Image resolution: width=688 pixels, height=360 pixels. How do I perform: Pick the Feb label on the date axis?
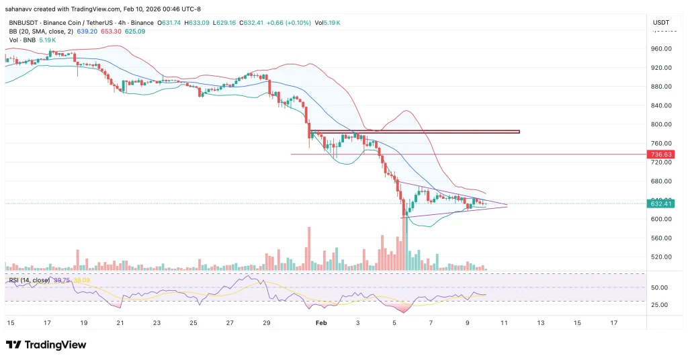[x=320, y=323]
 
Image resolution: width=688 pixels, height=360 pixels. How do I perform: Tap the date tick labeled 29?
[x=266, y=323]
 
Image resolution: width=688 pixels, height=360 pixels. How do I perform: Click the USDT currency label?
[x=661, y=23]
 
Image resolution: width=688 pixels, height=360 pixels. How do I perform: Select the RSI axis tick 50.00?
[x=659, y=287]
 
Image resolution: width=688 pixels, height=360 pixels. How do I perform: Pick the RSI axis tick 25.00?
[x=659, y=305]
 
